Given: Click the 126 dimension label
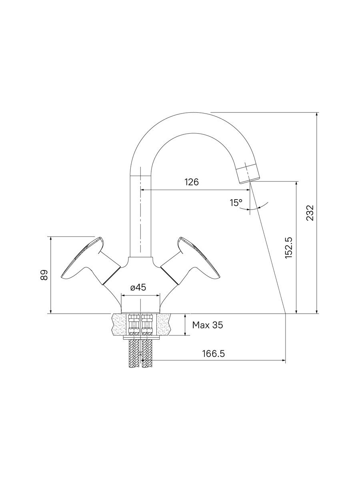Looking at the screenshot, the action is click(192, 182).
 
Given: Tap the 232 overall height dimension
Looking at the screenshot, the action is click(310, 212).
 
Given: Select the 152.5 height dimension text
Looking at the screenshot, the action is click(289, 248).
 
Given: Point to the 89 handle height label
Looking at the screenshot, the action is click(44, 275).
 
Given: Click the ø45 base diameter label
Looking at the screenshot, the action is click(138, 287).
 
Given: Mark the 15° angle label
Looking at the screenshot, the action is click(236, 203).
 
